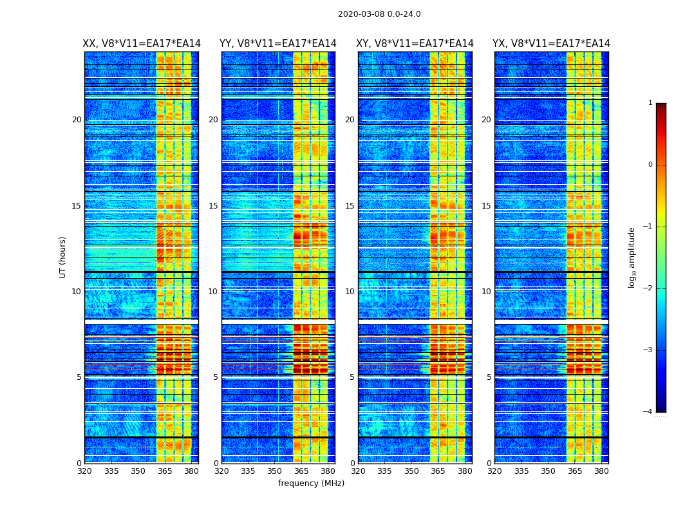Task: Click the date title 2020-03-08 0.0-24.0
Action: [379, 14]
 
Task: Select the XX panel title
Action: [142, 44]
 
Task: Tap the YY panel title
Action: [278, 44]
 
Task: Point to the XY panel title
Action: [415, 44]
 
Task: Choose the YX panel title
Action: [551, 44]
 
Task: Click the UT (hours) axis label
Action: [63, 257]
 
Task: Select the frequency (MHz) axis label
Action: [311, 483]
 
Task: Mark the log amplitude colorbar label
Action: [632, 257]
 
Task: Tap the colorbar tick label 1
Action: [650, 103]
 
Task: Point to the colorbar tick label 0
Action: [650, 165]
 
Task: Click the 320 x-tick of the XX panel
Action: [84, 471]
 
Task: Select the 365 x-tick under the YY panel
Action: [301, 471]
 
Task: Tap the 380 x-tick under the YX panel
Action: [601, 471]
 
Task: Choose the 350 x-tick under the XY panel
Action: [411, 471]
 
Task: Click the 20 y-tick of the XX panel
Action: [77, 120]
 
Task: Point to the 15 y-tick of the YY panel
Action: [214, 206]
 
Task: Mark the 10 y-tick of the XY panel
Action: [350, 292]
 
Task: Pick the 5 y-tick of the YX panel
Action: [489, 377]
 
